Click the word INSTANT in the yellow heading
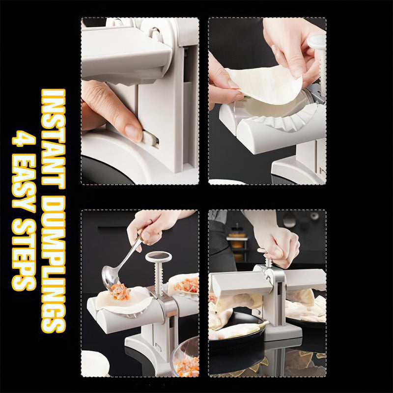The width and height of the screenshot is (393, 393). tap(53, 139)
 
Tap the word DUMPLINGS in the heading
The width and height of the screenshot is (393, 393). tap(53, 264)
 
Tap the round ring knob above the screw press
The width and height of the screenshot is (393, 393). tap(158, 256)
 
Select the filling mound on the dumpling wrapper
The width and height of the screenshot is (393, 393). tap(120, 292)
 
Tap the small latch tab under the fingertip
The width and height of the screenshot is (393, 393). tap(150, 139)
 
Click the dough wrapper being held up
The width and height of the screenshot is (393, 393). tap(266, 84)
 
